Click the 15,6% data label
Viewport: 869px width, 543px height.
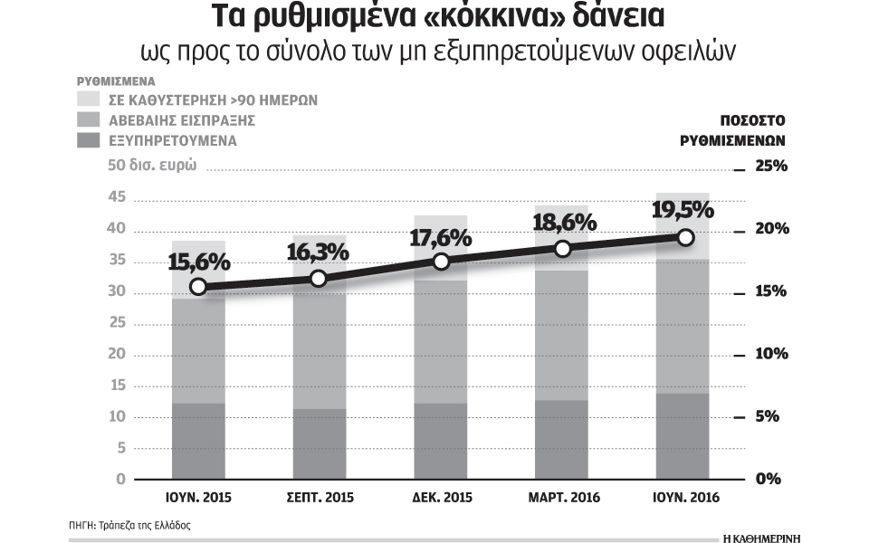(x=198, y=262)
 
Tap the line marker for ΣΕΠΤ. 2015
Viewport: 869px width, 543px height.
(x=319, y=278)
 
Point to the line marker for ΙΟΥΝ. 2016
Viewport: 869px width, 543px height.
(x=685, y=237)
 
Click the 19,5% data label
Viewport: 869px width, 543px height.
(x=683, y=209)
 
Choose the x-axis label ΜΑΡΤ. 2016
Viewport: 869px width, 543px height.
(x=561, y=498)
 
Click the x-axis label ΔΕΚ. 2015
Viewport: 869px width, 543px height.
(x=440, y=498)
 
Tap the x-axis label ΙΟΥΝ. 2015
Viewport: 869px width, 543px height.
(x=198, y=498)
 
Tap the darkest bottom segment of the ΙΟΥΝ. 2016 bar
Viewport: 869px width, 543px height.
(x=683, y=436)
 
